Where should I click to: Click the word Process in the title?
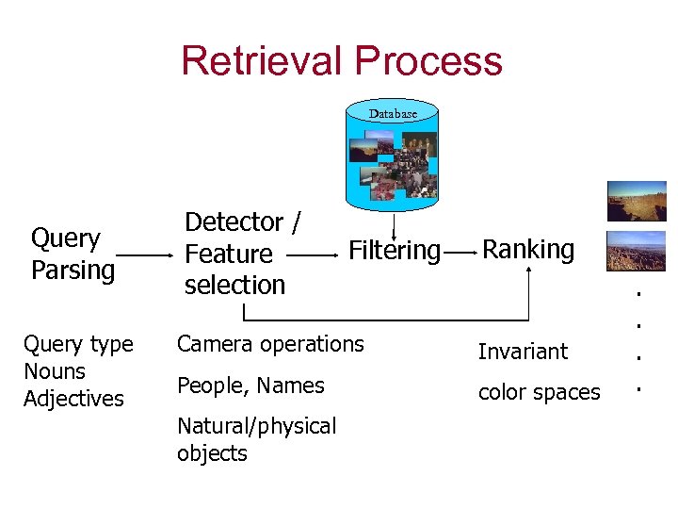tap(428, 60)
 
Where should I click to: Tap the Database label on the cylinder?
tap(393, 113)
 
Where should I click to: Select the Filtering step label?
tap(395, 251)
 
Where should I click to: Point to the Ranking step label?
tap(528, 249)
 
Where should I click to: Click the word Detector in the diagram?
tap(234, 222)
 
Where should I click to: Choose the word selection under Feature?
tap(234, 284)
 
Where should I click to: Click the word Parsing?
tap(73, 270)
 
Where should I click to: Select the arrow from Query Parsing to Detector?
tap(145, 255)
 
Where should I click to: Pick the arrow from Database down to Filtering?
tap(394, 224)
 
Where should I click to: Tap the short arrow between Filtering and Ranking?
tap(460, 253)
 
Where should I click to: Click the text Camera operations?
tap(270, 344)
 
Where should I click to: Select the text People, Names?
tap(250, 386)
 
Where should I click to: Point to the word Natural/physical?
tap(256, 426)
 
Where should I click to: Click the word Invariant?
tap(523, 352)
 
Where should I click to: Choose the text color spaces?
tap(539, 392)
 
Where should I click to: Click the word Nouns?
tap(55, 371)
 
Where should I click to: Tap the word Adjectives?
tap(73, 399)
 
